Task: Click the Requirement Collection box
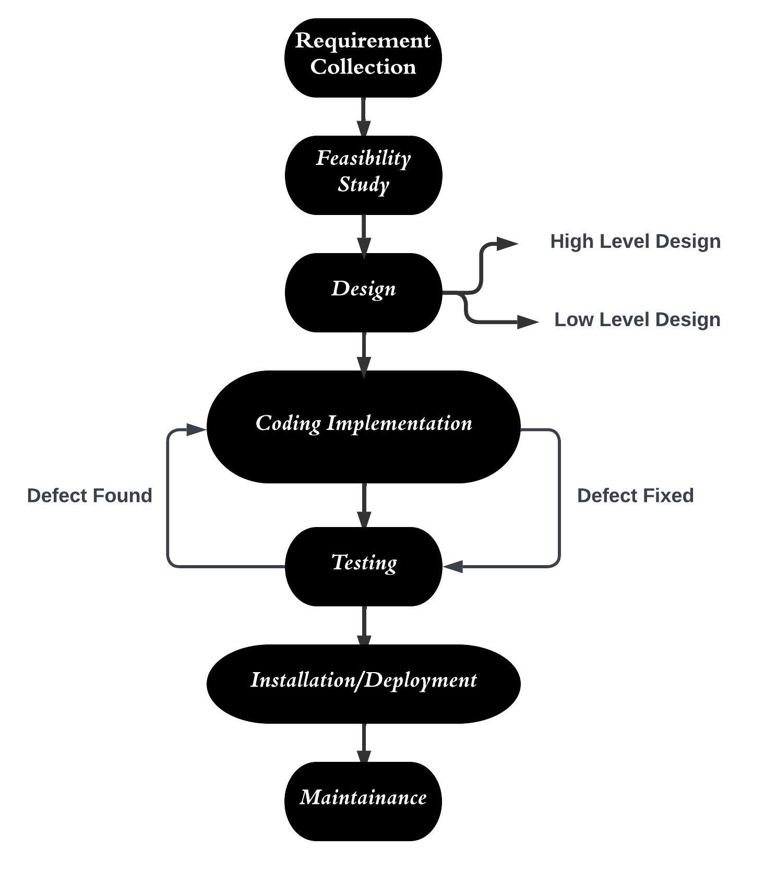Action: tap(363, 57)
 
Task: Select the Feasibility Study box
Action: tap(363, 175)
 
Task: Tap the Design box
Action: tap(363, 292)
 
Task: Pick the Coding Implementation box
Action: tap(363, 427)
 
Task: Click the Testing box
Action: tap(363, 566)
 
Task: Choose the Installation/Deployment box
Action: tap(363, 684)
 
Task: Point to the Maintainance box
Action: tap(363, 801)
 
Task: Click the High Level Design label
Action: tap(635, 242)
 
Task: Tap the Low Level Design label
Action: tap(637, 320)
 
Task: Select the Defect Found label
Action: tap(89, 496)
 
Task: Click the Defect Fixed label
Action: tap(635, 496)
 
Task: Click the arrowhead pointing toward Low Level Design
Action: tap(527, 322)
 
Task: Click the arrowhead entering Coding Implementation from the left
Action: tap(196, 429)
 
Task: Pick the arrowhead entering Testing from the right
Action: tap(453, 566)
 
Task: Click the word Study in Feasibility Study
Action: tap(363, 185)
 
